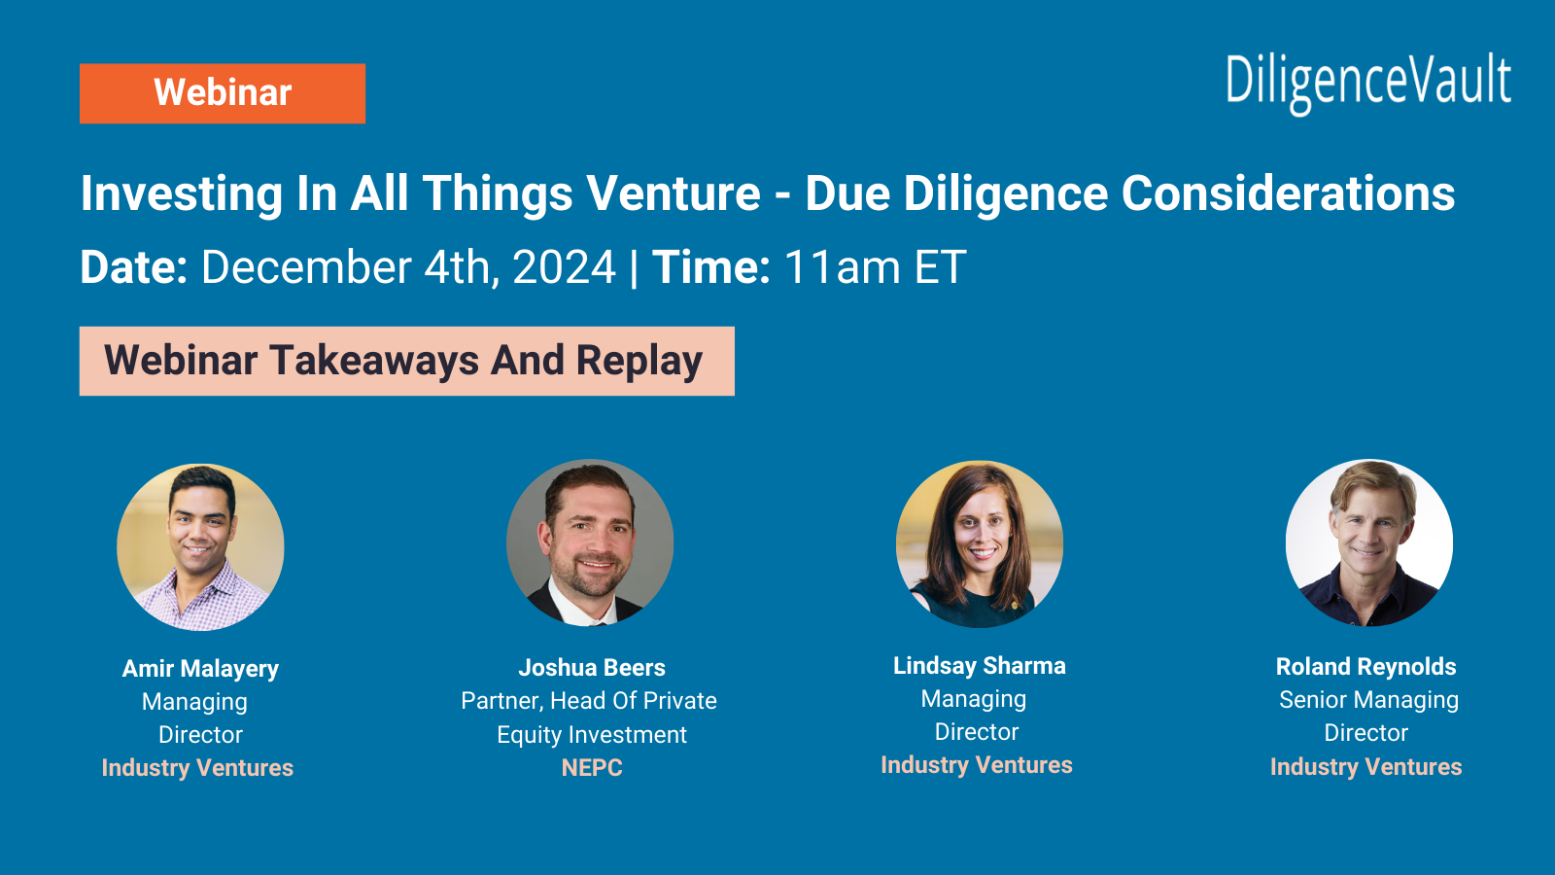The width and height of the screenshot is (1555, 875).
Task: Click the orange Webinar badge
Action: point(223,93)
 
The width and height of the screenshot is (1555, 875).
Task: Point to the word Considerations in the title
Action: point(1288,193)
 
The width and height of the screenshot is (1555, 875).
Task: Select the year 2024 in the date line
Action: point(564,267)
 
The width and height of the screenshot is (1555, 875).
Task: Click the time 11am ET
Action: point(875,267)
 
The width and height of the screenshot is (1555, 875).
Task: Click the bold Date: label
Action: point(133,267)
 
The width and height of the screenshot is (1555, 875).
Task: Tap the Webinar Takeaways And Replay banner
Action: point(406,361)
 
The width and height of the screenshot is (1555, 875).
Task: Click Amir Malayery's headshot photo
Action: point(200,547)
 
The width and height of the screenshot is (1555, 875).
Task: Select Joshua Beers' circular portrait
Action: point(590,542)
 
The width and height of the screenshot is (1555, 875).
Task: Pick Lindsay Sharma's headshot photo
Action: point(980,543)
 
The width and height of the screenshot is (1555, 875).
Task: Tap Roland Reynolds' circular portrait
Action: point(1368,542)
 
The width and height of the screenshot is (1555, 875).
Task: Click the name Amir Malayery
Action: point(200,669)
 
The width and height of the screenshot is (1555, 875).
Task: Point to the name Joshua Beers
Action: point(591,668)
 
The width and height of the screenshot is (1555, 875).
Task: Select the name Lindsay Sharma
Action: point(979,666)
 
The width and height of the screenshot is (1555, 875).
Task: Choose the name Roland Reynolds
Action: point(1365,667)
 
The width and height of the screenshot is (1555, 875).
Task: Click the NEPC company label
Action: point(592,768)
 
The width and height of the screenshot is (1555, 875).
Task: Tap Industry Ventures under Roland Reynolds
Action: point(1365,767)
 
